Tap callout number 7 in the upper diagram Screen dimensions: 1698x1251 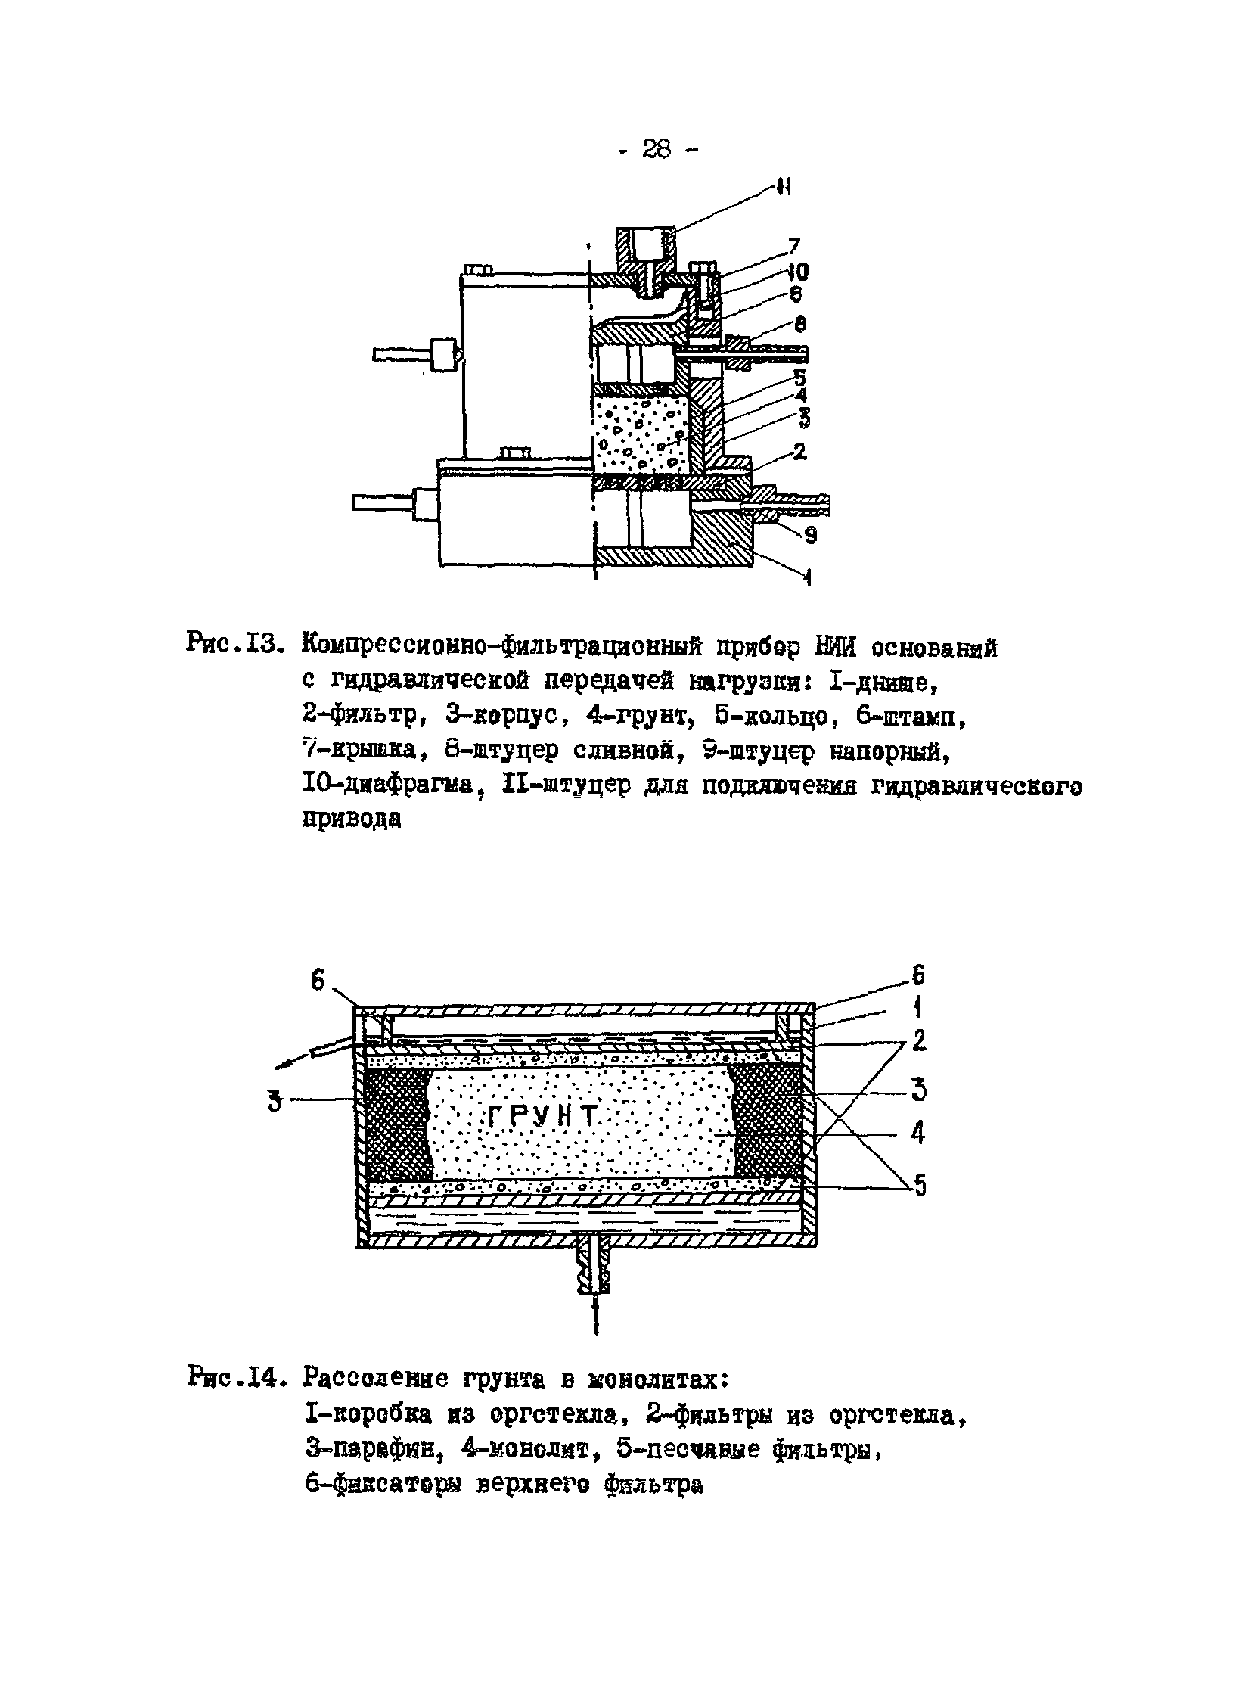click(x=793, y=245)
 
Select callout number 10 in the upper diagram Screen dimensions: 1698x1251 click(x=796, y=271)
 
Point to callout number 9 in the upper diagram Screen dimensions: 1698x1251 click(x=809, y=536)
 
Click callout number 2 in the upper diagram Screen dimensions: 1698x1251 click(x=799, y=452)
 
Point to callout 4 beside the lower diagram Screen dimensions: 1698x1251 click(x=917, y=1133)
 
